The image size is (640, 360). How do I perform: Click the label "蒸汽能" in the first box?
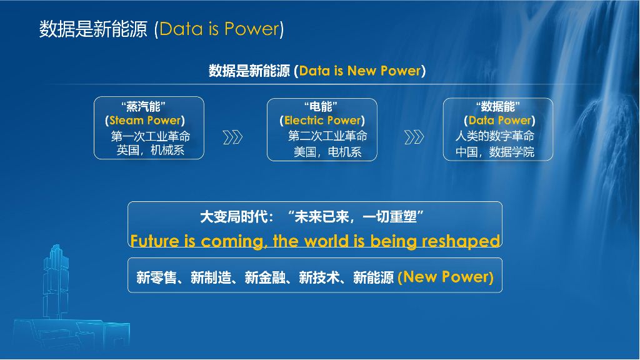coord(148,106)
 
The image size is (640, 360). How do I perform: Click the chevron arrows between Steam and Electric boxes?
coord(232,137)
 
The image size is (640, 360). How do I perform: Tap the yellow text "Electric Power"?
coord(322,121)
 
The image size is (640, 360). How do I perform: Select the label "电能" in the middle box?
coord(322,106)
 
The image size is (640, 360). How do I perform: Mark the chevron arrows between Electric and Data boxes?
coord(414,137)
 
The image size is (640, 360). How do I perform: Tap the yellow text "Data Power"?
coord(499,121)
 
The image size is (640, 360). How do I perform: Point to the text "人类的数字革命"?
coord(494,136)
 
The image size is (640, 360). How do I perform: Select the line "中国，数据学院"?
coord(494,151)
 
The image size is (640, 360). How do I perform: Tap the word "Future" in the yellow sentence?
coord(154,241)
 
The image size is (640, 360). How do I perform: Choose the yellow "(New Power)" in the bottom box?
coord(446,277)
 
